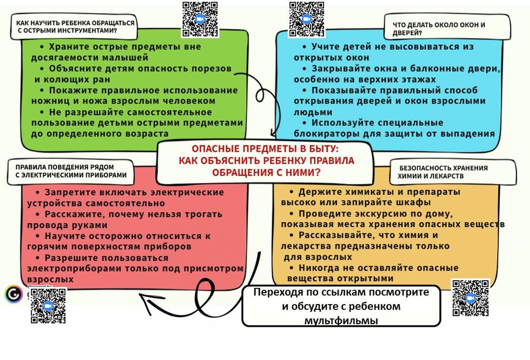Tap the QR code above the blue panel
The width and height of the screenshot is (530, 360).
pyautogui.click(x=306, y=19)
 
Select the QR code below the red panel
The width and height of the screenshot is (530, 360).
pyautogui.click(x=48, y=305)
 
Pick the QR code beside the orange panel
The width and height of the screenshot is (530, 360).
pyautogui.click(x=470, y=298)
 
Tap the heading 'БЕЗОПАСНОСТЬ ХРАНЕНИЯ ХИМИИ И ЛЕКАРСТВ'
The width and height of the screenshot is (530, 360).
pyautogui.click(x=443, y=172)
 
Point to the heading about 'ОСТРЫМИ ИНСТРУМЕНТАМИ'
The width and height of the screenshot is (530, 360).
pyautogui.click(x=75, y=27)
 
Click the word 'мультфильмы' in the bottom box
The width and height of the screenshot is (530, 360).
pyautogui.click(x=341, y=321)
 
